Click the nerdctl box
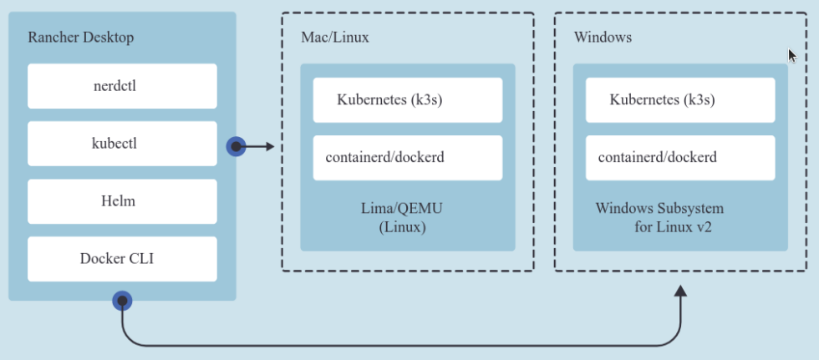122,85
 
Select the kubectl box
122,143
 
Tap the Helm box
122,200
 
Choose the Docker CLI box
122,258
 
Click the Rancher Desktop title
80,38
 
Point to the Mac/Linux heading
334,38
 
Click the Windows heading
603,38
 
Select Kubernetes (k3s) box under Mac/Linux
408,100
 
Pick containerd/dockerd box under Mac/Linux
408,158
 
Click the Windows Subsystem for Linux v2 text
660,217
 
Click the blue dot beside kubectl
236,147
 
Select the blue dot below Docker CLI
122,299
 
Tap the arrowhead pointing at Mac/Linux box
269,147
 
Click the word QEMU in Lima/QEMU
421,208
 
